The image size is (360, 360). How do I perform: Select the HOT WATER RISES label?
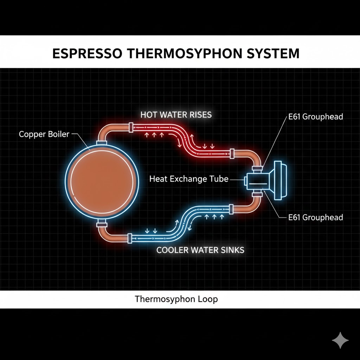coord(176,115)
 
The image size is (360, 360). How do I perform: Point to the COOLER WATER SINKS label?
coord(200,250)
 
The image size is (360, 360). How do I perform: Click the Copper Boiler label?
coord(44,134)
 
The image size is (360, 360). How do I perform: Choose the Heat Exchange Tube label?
coord(189,179)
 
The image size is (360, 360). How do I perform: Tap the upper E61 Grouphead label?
coord(315,117)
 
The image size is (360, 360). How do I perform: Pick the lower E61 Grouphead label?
coord(315,217)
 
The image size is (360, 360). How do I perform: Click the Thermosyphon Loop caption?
coord(176,299)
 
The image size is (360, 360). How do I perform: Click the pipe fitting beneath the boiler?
coord(101,224)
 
